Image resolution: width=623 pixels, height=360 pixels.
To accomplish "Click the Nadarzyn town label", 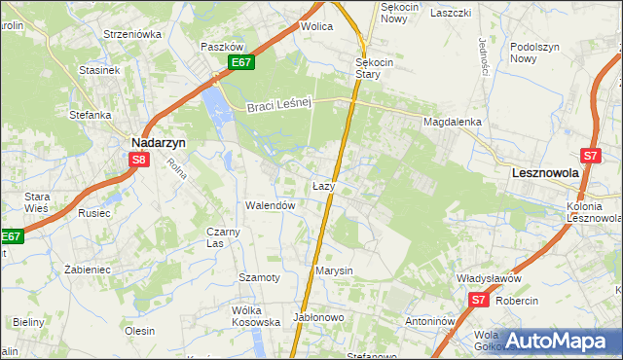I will coord(159,141).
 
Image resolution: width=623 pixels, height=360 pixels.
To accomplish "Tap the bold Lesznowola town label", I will coord(545,172).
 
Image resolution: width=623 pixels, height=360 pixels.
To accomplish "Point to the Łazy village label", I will coord(324,185).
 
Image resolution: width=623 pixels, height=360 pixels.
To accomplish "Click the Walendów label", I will coord(270,205).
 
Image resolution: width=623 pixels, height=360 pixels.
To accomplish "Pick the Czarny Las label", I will coord(223,237).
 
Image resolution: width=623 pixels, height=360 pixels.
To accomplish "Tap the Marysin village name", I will coord(334,270).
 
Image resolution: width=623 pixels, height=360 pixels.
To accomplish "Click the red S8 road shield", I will coord(139,161).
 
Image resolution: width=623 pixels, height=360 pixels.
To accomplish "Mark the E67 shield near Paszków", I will coord(243,63).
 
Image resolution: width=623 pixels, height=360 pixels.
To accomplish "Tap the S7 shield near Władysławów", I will coord(478,301).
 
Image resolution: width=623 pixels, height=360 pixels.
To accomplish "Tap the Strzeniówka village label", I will coord(132,33).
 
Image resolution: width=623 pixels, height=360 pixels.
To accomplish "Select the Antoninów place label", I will coord(431,320).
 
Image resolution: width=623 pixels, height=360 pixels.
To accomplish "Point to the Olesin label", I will coord(139,331).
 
